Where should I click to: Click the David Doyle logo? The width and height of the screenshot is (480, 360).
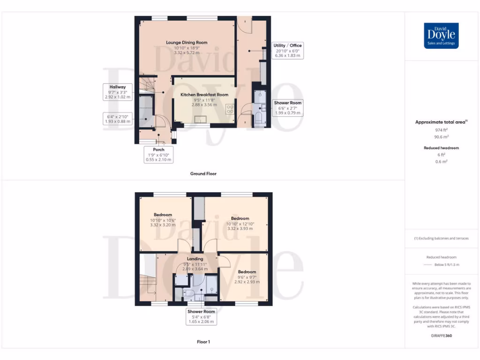point(441,36)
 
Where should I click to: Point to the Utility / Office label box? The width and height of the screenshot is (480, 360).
point(288,50)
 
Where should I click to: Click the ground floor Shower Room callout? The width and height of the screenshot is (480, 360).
point(288,108)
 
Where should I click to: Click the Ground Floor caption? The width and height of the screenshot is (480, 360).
point(203,173)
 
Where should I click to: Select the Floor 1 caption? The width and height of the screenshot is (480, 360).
point(203,342)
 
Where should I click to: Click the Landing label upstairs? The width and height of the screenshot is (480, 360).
point(195,259)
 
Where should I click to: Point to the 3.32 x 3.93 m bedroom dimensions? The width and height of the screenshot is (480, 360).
point(240,229)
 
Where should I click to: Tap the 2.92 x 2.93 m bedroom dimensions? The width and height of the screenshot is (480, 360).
point(247,282)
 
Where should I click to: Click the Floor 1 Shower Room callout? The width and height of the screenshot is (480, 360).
point(201,316)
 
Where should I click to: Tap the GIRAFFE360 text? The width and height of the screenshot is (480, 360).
point(441,336)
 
